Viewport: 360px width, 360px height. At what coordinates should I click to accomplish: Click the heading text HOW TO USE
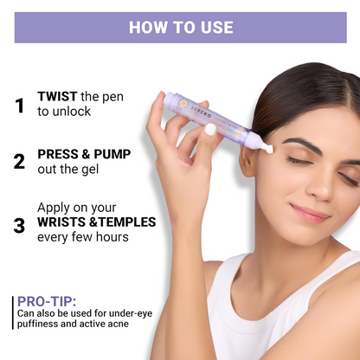point(181,28)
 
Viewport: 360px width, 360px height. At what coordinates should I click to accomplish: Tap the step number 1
point(20,106)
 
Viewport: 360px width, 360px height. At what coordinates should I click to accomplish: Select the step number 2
point(19,162)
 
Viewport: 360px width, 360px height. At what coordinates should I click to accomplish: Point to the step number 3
point(19,226)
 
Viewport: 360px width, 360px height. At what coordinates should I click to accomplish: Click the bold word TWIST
point(57,96)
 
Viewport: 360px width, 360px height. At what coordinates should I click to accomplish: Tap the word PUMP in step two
point(112,154)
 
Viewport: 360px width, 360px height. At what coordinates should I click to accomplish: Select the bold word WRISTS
point(61,222)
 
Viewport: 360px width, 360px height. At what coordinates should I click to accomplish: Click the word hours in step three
point(112,237)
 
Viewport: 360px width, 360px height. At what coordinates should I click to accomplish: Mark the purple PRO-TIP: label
point(47,301)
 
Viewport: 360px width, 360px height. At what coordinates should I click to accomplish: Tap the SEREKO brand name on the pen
point(201,112)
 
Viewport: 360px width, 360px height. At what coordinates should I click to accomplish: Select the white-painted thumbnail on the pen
point(210,129)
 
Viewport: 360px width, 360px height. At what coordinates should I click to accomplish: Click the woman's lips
point(309,213)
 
